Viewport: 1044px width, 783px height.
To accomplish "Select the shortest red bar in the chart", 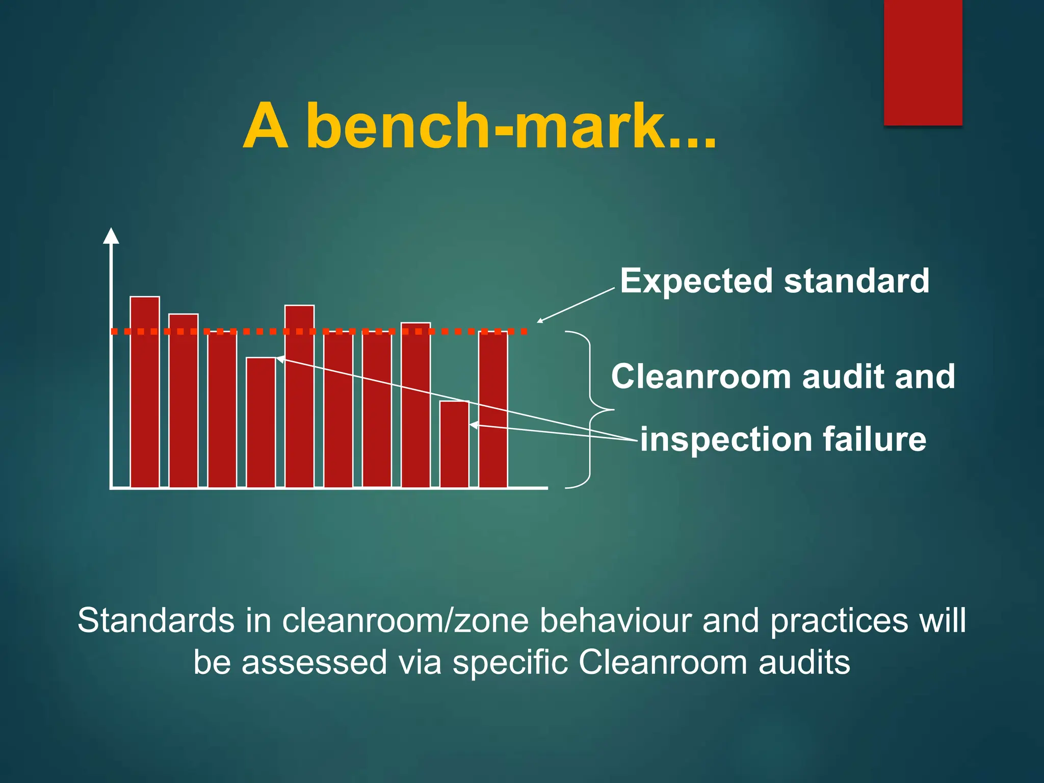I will coord(454,445).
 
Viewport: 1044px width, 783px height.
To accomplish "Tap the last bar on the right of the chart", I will coord(493,410).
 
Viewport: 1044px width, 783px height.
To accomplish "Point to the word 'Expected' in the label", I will coord(696,281).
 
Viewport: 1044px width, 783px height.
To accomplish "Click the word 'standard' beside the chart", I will coord(856,281).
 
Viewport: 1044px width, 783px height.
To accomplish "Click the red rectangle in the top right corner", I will coord(923,62).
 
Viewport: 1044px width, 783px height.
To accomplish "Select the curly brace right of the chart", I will coord(590,409).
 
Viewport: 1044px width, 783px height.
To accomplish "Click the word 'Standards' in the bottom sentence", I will coord(156,621).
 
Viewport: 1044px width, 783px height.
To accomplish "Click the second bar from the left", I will coord(184,401).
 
